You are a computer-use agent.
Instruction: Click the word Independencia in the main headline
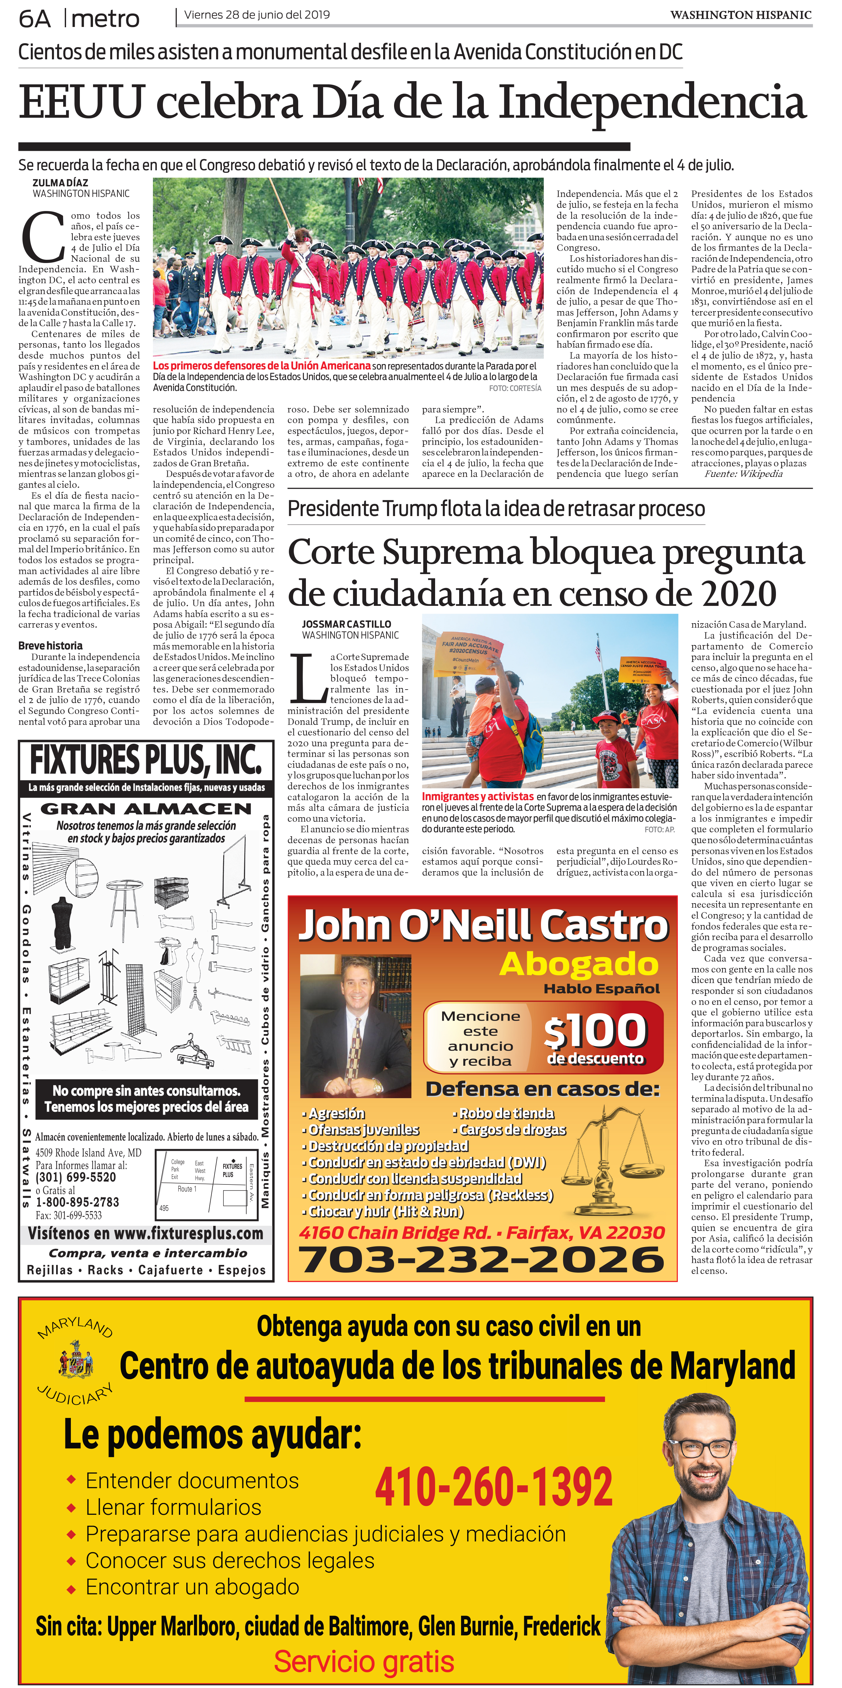(652, 104)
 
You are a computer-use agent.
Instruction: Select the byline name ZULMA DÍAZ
(60, 183)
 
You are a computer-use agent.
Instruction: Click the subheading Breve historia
(50, 645)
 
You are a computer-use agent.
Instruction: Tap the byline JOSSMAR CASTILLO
(346, 624)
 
